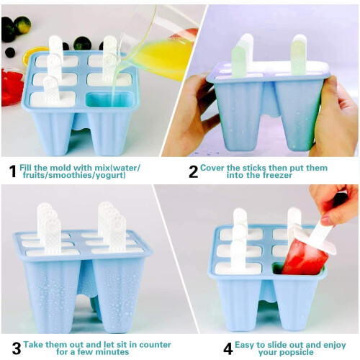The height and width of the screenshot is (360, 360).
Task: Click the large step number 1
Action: tap(13, 171)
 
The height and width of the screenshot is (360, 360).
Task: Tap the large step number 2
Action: tap(194, 171)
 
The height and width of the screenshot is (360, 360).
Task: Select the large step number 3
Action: tap(17, 348)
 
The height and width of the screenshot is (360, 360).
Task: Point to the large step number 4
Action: tap(228, 348)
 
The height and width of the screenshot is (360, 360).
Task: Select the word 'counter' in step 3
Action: tap(155, 345)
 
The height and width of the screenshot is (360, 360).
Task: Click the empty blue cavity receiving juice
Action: tap(109, 99)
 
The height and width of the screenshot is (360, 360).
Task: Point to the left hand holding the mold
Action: tap(189, 115)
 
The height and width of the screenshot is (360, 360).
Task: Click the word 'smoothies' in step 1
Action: tap(71, 175)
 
